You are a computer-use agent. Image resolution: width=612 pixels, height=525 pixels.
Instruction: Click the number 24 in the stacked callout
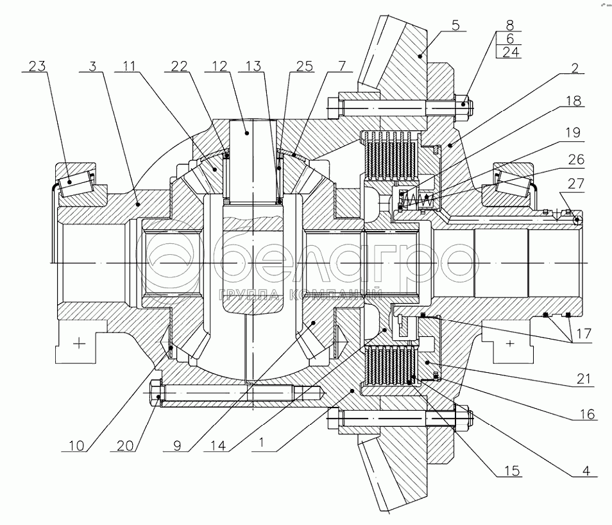coord(511,53)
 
